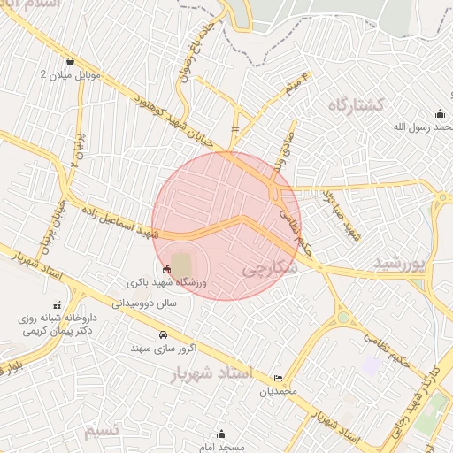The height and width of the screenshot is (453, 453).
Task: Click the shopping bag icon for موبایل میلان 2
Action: (x=70, y=62)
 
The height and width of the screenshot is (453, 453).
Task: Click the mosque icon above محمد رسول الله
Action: (x=440, y=113)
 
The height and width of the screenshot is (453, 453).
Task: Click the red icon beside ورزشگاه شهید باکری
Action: (x=166, y=268)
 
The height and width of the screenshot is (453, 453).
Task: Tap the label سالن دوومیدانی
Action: (x=144, y=303)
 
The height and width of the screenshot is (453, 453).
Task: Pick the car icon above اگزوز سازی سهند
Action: (x=163, y=335)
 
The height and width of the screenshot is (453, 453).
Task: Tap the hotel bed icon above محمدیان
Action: (x=280, y=378)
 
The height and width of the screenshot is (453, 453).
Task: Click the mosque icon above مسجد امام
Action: (x=221, y=434)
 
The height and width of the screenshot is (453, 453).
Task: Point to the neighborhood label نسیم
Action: (x=101, y=431)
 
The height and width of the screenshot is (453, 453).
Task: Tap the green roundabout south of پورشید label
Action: (x=343, y=318)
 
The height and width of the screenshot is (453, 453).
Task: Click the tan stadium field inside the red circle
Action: (x=181, y=264)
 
